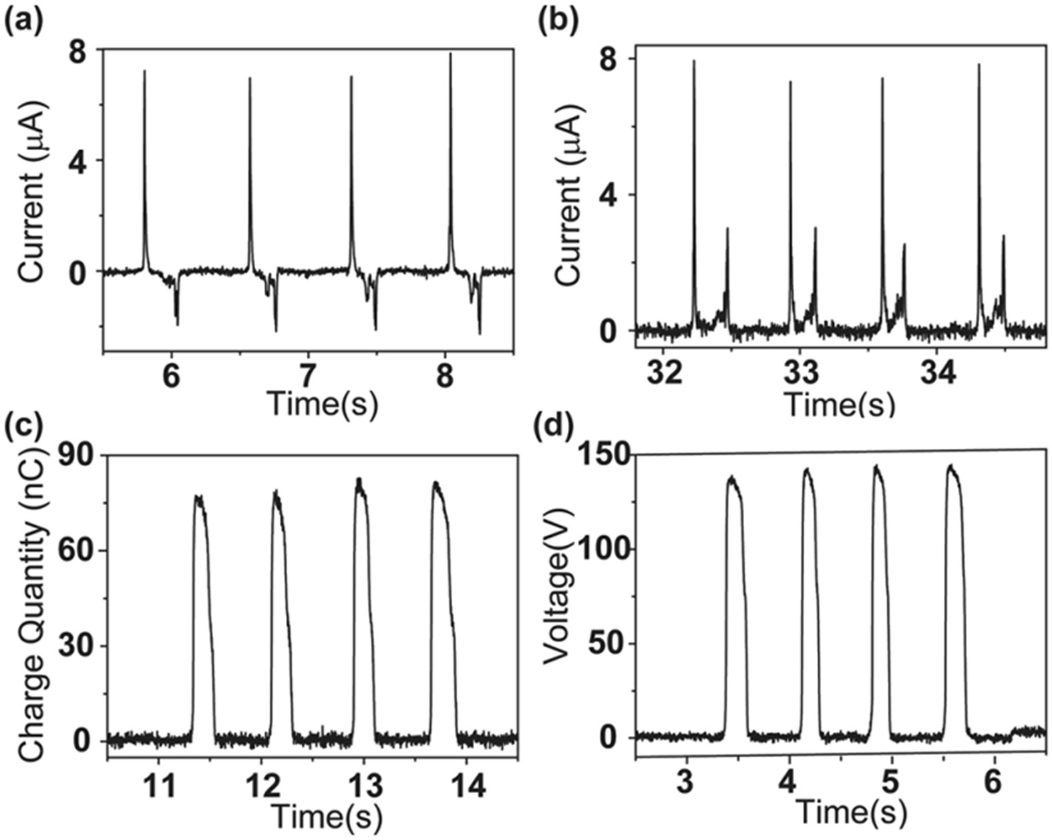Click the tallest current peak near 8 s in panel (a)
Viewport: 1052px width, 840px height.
[x=451, y=55]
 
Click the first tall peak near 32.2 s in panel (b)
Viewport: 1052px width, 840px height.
[x=694, y=62]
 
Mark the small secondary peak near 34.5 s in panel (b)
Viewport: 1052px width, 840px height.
[x=1003, y=237]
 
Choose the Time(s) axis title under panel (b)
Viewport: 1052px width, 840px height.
[x=839, y=404]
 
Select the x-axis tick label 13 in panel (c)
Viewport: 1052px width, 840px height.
[x=365, y=788]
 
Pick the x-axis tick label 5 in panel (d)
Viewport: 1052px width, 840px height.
[x=892, y=783]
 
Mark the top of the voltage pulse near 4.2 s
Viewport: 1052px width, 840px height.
[x=807, y=470]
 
